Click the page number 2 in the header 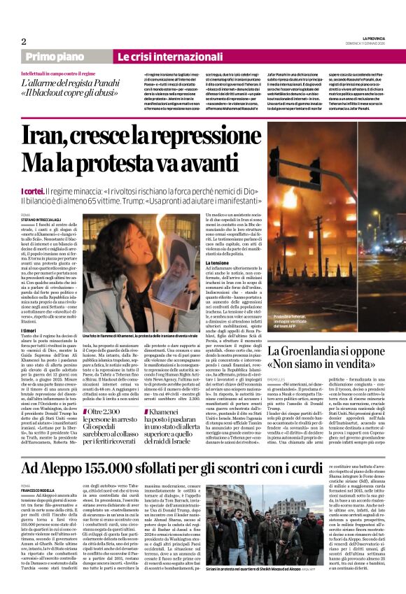coord(23,41)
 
